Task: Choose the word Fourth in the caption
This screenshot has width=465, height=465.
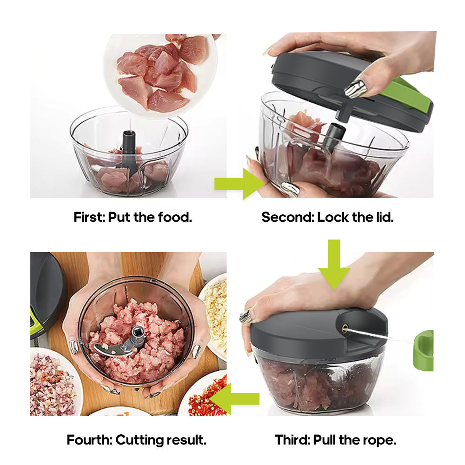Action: tap(89, 440)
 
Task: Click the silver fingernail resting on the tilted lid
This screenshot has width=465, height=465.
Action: tap(356, 88)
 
